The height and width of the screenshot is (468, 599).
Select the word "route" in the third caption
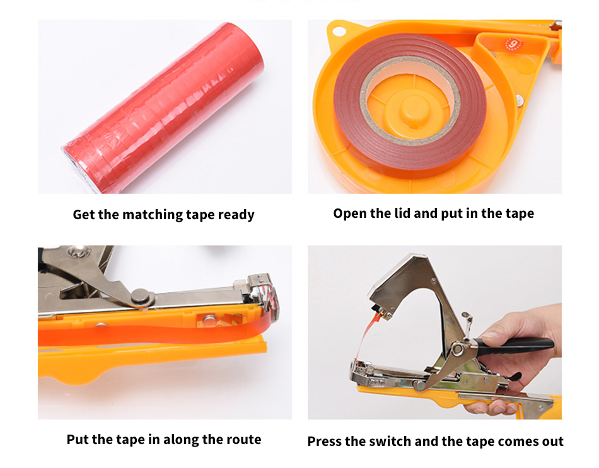pos(244,440)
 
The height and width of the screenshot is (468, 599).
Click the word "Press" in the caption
pos(324,442)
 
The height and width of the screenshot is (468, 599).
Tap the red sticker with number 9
pos(513,44)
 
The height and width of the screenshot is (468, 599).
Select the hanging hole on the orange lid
pos(338,30)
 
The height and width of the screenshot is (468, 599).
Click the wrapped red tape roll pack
pos(163,108)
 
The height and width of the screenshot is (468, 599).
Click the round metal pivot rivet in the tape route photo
pos(141,296)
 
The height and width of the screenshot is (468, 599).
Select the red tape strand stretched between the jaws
pos(365,336)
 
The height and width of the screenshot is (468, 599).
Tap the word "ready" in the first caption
pos(236,215)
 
